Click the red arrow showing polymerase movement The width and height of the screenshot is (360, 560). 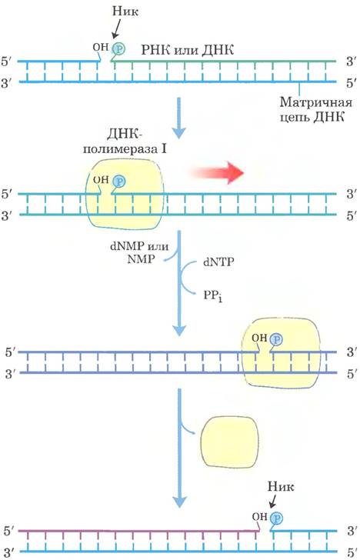click(x=218, y=173)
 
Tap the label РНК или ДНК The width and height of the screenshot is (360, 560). click(x=188, y=50)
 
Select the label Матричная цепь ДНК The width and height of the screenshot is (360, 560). click(x=316, y=109)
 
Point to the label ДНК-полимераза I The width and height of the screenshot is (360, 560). click(x=125, y=141)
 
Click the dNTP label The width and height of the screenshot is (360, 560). click(x=218, y=262)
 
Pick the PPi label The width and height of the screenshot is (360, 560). click(x=213, y=296)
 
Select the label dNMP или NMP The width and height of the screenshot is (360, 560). click(x=139, y=252)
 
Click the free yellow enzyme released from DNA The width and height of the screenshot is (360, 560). click(x=229, y=442)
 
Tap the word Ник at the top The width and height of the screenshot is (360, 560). click(x=125, y=11)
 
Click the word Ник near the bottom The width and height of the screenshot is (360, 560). click(x=281, y=486)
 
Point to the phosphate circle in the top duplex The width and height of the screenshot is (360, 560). click(x=118, y=48)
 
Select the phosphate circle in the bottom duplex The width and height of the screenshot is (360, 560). click(x=276, y=518)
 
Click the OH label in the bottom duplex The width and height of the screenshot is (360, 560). click(x=260, y=516)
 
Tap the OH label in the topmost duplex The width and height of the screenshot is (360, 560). click(x=100, y=47)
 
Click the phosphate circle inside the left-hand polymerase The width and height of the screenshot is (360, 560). click(x=119, y=182)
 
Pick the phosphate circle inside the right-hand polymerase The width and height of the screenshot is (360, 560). click(x=276, y=339)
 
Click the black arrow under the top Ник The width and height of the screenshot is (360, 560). click(x=117, y=29)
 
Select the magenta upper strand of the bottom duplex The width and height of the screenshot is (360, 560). click(x=139, y=531)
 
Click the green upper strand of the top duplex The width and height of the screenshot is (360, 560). click(x=223, y=61)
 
